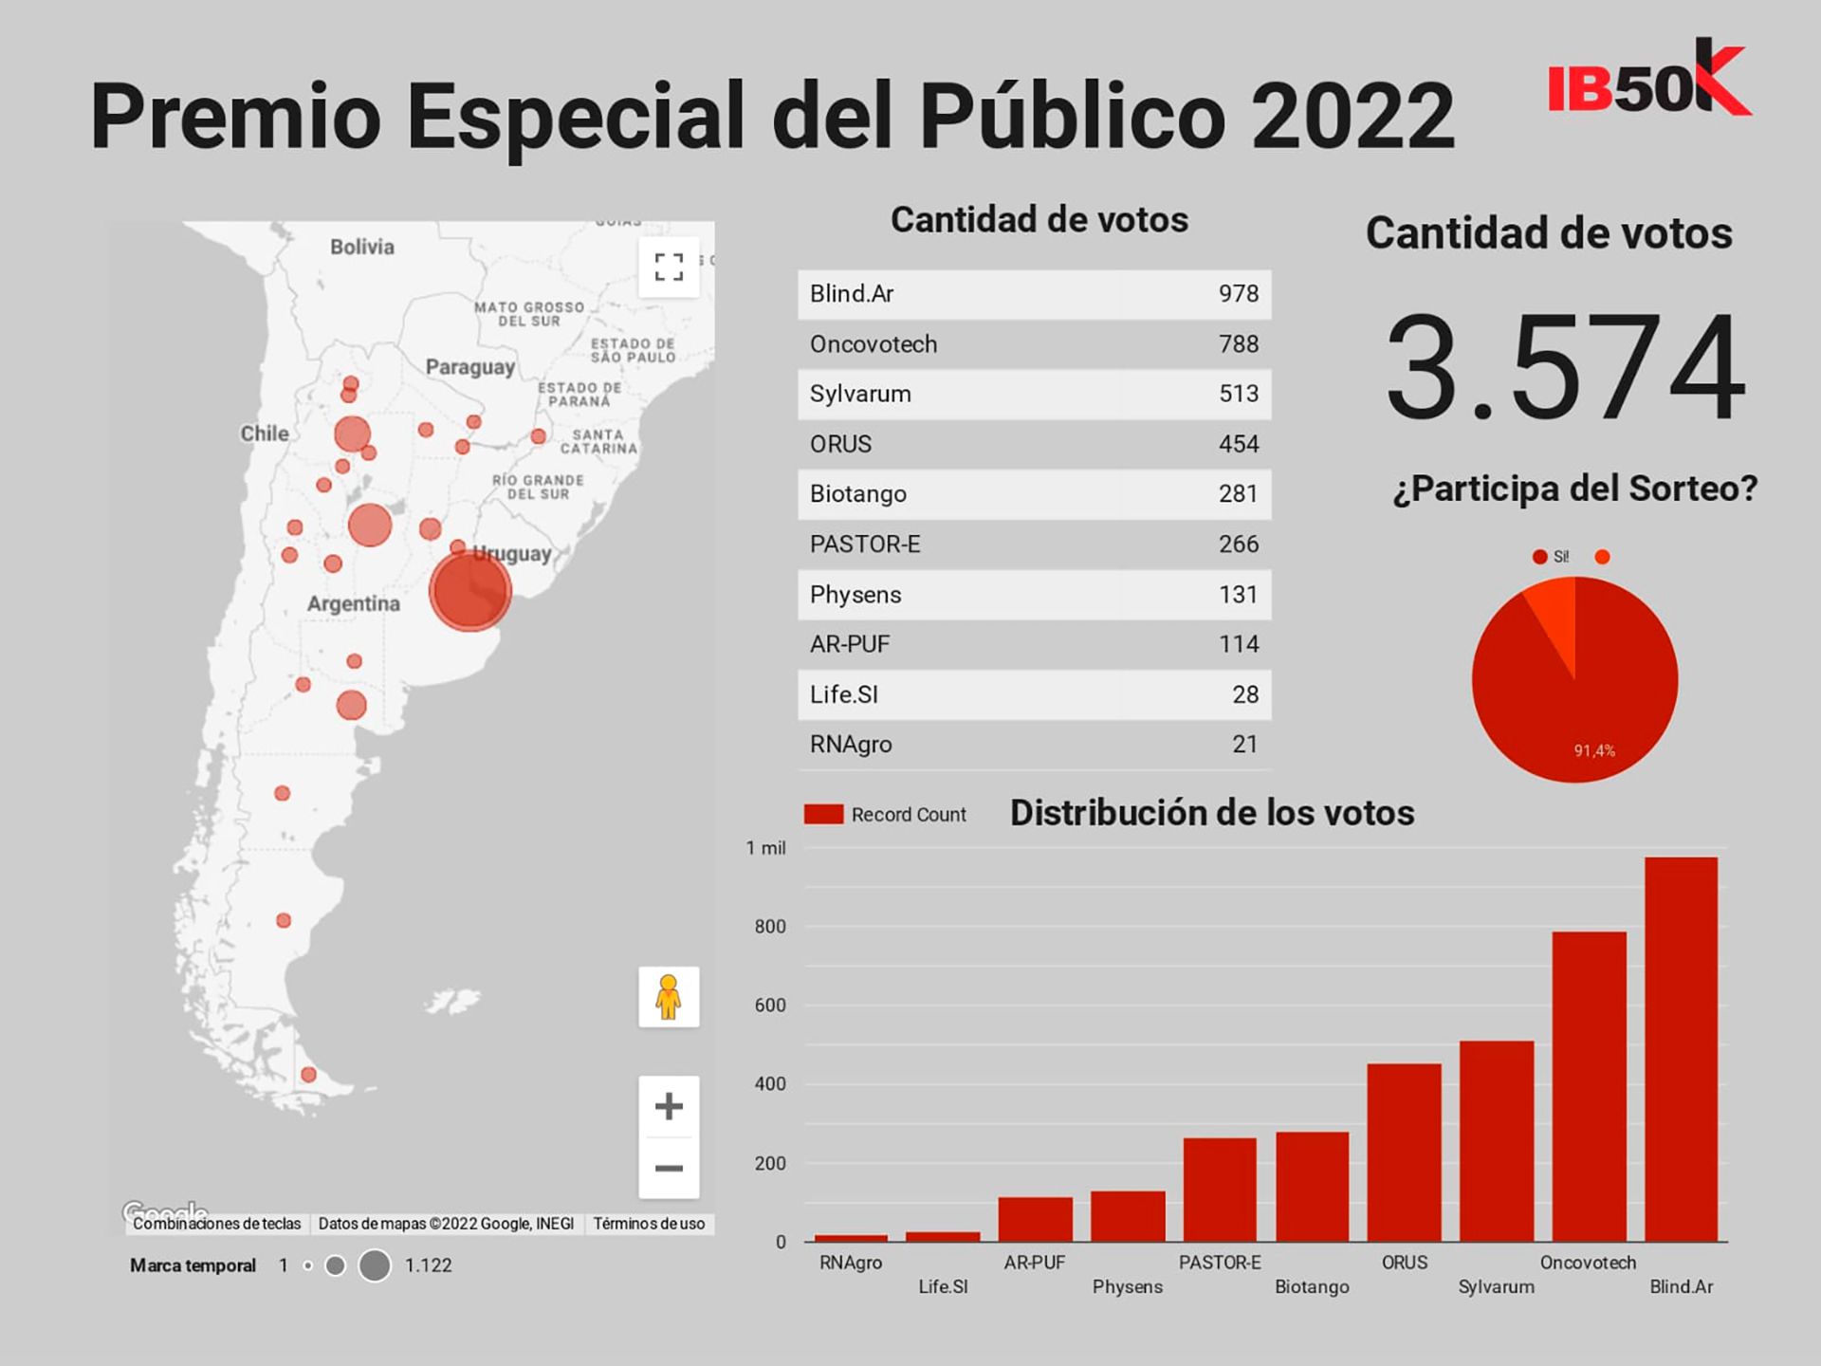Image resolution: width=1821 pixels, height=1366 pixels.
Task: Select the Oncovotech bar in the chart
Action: click(1589, 1086)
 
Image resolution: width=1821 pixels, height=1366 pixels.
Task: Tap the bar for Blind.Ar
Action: click(1681, 1048)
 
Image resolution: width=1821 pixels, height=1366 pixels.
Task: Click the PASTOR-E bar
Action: click(1220, 1190)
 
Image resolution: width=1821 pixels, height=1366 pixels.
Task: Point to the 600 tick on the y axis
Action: click(770, 1006)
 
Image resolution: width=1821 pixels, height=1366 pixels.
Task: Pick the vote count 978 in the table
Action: click(1238, 294)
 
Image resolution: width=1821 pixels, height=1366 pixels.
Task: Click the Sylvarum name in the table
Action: click(860, 394)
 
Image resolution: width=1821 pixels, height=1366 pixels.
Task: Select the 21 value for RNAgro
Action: click(1244, 745)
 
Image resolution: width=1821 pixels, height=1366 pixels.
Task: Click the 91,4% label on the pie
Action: click(1594, 751)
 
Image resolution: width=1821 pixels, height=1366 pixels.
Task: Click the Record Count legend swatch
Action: click(823, 815)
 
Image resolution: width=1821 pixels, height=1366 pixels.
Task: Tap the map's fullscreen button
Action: click(669, 268)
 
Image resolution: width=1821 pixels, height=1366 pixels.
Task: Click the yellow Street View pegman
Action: click(669, 997)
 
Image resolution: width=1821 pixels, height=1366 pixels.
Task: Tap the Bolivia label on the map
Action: click(361, 247)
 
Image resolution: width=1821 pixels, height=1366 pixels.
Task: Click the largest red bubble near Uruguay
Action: click(469, 591)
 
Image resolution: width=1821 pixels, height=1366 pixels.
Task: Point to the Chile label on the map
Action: click(264, 434)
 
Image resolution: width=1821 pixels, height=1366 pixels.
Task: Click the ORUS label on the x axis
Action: click(1404, 1263)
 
